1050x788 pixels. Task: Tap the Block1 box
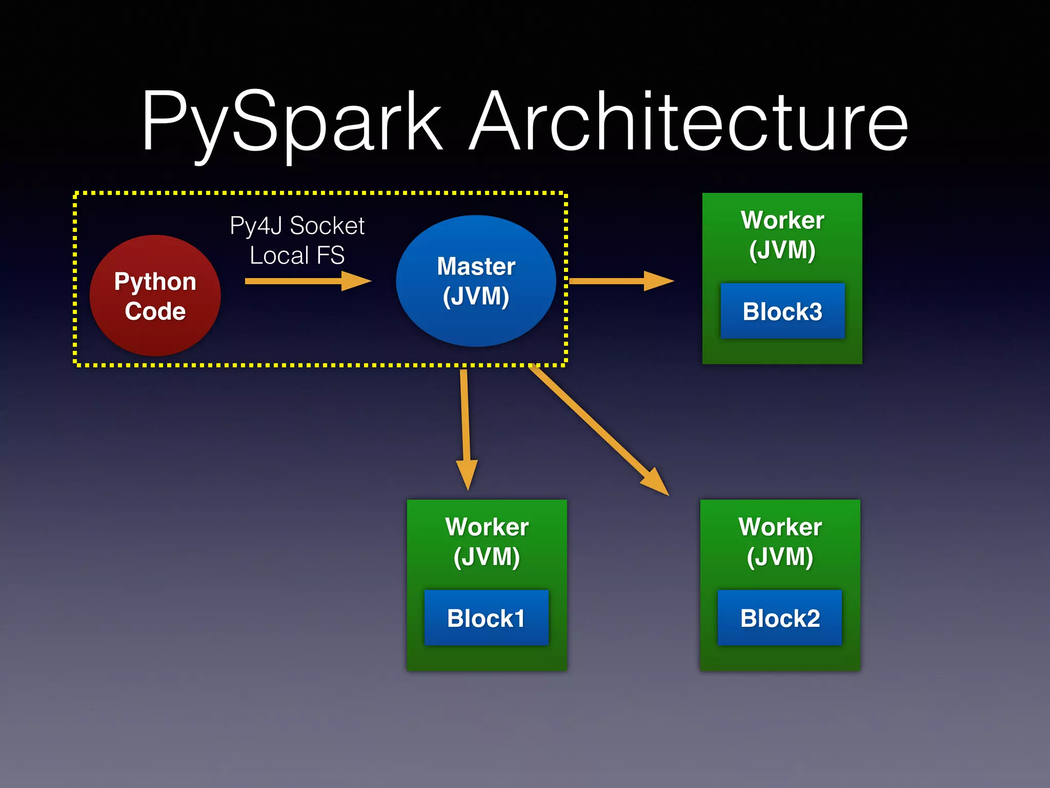coord(486,618)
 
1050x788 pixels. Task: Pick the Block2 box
coord(779,618)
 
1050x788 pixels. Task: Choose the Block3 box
coord(782,311)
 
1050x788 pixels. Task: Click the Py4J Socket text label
coord(297,226)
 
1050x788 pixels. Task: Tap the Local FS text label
coord(297,255)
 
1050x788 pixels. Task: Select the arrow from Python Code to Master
coord(308,281)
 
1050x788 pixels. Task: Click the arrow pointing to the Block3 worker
coord(620,281)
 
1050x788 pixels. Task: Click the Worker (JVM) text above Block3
coord(782,235)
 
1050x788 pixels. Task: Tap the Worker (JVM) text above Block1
coord(487,542)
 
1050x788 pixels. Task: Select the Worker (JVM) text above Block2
coord(780,542)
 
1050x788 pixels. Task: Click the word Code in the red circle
coord(155,311)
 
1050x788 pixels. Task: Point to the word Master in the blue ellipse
coord(476,266)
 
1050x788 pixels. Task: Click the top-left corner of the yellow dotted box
coord(76,194)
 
